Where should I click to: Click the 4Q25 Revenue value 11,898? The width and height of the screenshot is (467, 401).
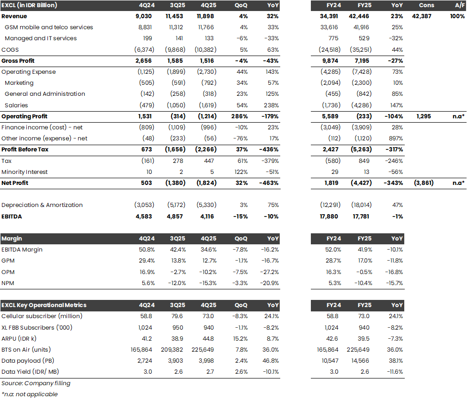click(206, 16)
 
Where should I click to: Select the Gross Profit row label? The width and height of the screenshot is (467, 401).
click(18, 61)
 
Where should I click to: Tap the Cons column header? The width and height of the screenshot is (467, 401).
click(426, 5)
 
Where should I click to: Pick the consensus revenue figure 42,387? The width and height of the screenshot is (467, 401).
click(424, 16)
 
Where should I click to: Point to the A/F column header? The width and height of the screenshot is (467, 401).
click(457, 5)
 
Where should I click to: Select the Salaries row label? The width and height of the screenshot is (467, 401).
click(16, 105)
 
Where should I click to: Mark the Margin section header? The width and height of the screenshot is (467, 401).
click(12, 239)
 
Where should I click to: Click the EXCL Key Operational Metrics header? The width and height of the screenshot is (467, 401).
click(44, 305)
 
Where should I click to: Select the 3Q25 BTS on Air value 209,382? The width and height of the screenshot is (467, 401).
click(177, 350)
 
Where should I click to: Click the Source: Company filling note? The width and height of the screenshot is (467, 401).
click(36, 383)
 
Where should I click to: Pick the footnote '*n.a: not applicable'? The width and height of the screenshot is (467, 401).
click(30, 394)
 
